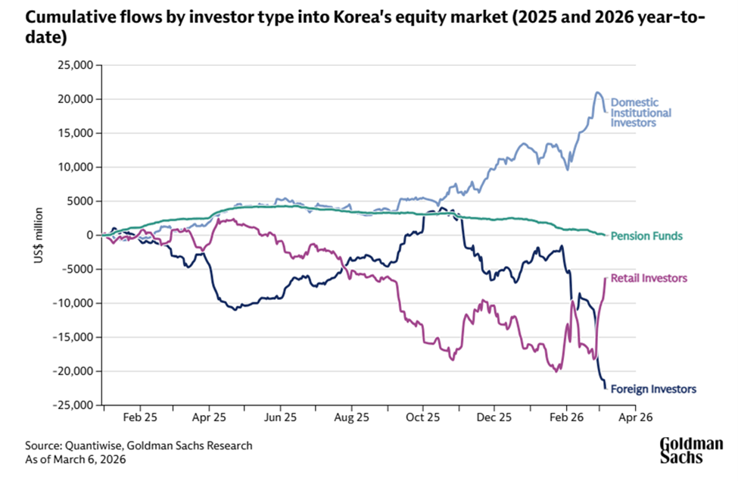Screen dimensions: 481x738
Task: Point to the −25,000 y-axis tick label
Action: [x=74, y=405]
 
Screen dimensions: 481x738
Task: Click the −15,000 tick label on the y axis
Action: [x=74, y=337]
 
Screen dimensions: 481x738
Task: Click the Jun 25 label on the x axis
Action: [x=279, y=417]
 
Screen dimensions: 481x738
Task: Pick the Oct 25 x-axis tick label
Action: [x=422, y=417]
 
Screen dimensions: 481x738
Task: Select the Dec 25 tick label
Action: [x=492, y=417]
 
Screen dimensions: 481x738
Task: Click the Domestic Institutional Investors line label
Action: [x=640, y=112]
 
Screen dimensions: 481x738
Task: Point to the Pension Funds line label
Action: [x=646, y=236]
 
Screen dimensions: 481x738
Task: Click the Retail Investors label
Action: [x=649, y=279]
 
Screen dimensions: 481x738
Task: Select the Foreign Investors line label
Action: [x=652, y=389]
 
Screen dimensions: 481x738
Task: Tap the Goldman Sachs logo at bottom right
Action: [x=691, y=450]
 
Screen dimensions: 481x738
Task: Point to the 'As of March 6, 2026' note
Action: [x=75, y=459]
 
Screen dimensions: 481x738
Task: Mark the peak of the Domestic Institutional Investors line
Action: [x=597, y=92]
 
